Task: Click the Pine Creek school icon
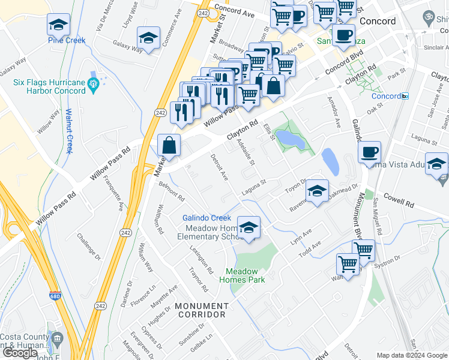[58, 25]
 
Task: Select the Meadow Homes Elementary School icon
[249, 227]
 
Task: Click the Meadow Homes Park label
[242, 275]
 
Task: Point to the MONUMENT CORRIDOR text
[200, 310]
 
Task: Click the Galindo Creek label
[206, 217]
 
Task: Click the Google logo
[20, 353]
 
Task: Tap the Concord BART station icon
[405, 96]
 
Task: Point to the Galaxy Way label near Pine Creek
[128, 46]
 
